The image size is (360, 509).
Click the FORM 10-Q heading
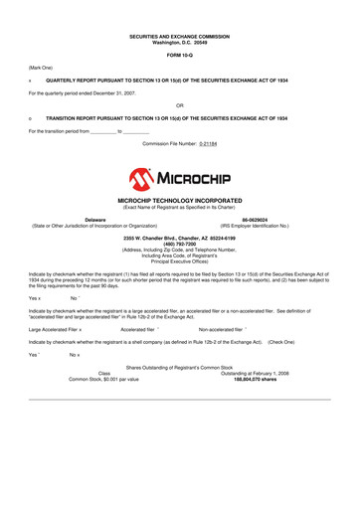click(x=180, y=54)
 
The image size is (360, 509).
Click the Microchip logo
click(x=180, y=180)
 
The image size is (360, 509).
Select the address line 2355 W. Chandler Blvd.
click(x=180, y=239)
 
